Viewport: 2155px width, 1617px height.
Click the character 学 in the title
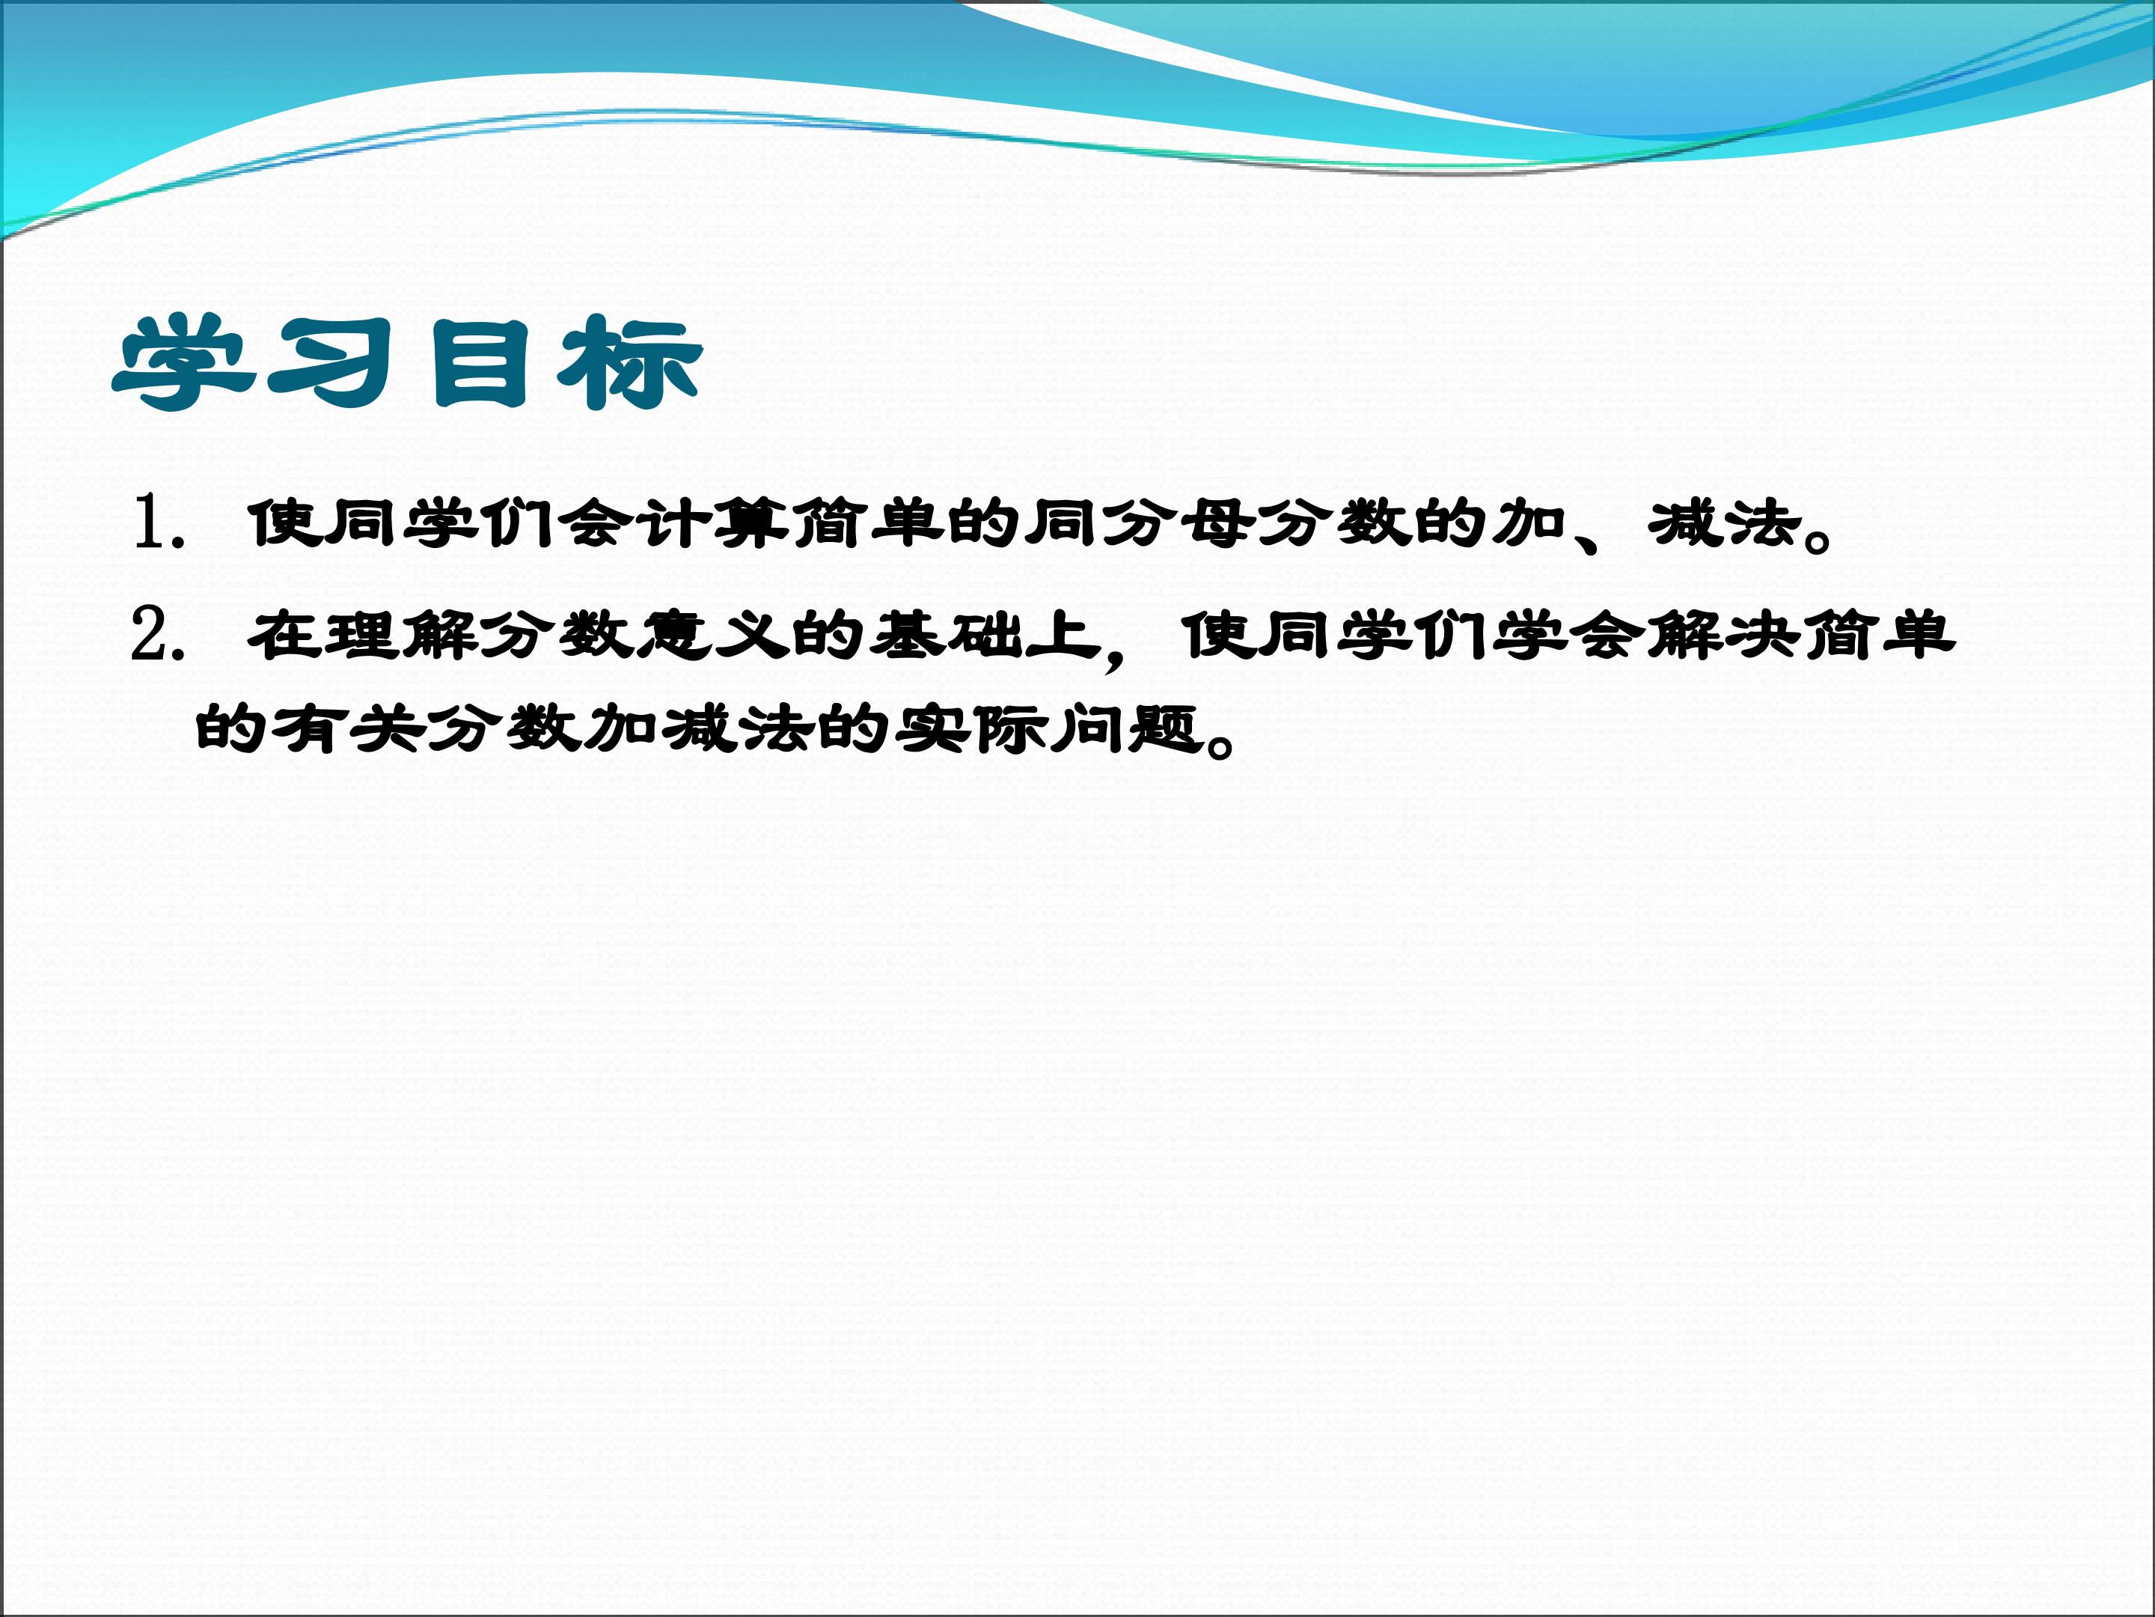click(x=185, y=362)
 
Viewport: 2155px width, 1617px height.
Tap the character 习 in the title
click(x=332, y=362)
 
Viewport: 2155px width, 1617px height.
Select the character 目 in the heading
click(x=480, y=362)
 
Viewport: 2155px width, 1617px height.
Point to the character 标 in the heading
click(x=629, y=362)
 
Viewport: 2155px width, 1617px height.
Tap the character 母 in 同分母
click(x=1217, y=523)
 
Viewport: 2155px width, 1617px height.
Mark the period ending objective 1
click(x=1817, y=538)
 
